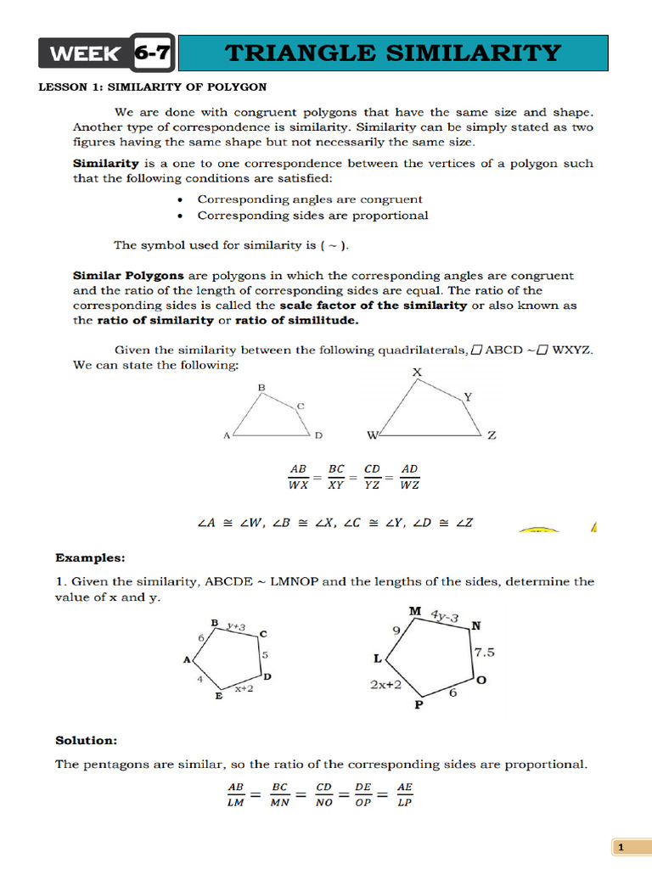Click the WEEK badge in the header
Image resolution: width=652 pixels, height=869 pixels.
[x=85, y=54]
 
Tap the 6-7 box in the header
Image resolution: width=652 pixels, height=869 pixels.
[x=154, y=54]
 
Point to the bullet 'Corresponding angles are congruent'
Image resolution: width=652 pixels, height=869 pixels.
[x=310, y=199]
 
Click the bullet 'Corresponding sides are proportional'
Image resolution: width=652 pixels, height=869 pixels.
[x=312, y=216]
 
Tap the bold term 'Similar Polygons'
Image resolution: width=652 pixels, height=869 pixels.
[x=116, y=276]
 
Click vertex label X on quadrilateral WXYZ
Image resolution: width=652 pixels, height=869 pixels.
[x=416, y=373]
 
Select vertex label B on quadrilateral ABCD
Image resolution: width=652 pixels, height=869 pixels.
[x=261, y=388]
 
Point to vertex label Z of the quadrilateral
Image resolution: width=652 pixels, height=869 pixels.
[x=492, y=436]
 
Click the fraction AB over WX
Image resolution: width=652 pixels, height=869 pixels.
[x=299, y=477]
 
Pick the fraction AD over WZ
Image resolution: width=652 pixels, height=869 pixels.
[x=409, y=477]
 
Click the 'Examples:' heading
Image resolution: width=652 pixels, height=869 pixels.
[x=90, y=558]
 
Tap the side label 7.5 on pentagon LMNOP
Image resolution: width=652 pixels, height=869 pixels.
[x=485, y=652]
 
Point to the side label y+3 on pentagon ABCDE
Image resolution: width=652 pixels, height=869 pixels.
[x=236, y=626]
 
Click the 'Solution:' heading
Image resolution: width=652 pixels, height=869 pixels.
[x=87, y=741]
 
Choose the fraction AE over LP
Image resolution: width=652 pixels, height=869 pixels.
[x=403, y=794]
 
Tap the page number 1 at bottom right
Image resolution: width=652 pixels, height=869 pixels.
[x=621, y=848]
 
